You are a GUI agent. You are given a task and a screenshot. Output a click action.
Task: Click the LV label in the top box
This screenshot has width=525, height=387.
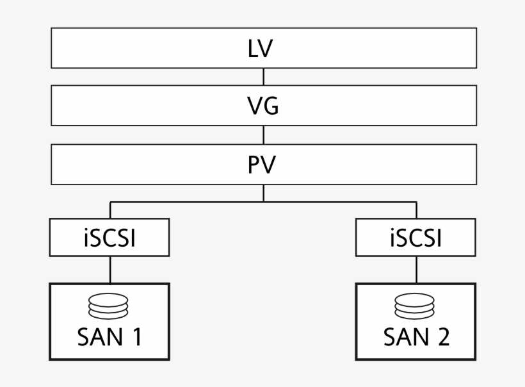(x=263, y=49)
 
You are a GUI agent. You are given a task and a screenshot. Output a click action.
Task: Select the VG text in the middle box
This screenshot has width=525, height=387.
(x=263, y=106)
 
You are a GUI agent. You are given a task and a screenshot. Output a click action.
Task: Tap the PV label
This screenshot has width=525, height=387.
(x=263, y=165)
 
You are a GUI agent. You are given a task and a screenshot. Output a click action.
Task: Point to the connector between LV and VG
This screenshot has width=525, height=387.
(x=263, y=76)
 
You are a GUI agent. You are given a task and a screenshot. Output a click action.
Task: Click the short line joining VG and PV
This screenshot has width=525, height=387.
(x=263, y=135)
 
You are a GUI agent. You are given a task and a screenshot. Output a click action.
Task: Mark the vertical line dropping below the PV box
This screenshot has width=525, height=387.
(x=263, y=193)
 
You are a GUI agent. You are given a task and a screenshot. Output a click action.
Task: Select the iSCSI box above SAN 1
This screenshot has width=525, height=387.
(x=109, y=238)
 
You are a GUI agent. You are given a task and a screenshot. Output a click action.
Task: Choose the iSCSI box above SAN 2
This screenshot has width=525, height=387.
(x=416, y=238)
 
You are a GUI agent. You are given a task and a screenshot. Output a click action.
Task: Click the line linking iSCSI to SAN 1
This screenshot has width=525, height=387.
(x=109, y=270)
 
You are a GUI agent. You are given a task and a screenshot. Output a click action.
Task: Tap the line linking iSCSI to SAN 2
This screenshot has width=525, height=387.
(x=416, y=270)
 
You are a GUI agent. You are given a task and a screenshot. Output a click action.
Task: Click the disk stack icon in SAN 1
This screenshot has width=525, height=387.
(x=109, y=306)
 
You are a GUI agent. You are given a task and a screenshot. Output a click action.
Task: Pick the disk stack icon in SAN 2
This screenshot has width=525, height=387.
(x=415, y=306)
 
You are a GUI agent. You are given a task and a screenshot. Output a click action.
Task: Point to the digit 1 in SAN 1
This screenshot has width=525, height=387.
(x=137, y=337)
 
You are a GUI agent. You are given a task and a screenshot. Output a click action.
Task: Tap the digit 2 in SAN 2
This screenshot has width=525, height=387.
(x=442, y=337)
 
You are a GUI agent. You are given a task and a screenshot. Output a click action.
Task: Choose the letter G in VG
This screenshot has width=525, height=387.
(x=271, y=106)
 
